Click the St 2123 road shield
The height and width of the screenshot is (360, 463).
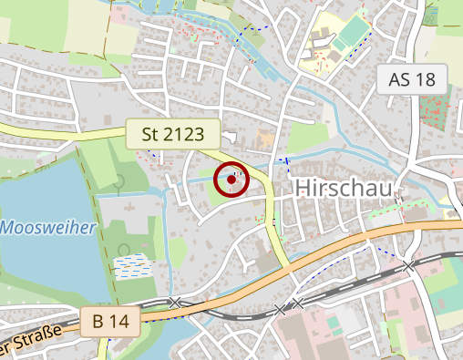click(173, 135)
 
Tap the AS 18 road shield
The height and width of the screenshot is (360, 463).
click(411, 79)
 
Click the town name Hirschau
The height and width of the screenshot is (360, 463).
click(345, 188)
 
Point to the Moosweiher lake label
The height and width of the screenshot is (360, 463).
click(47, 227)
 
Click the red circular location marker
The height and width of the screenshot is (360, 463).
click(232, 180)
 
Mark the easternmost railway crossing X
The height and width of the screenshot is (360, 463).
click(409, 265)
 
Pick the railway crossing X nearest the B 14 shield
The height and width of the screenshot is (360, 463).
click(174, 302)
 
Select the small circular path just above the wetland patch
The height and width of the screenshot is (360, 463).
click(125, 249)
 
